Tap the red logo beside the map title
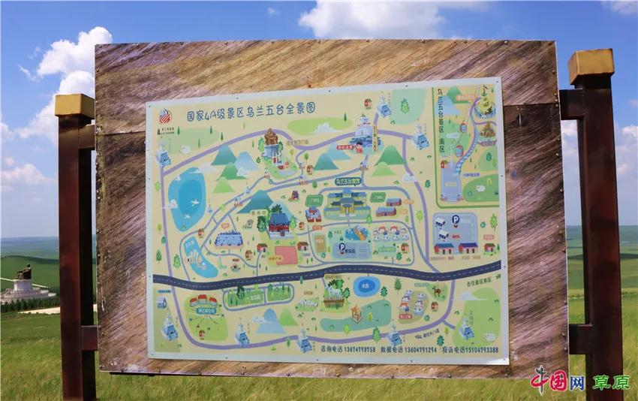tap(164, 116)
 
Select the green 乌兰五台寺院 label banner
tap(347, 182)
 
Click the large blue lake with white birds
tap(187, 199)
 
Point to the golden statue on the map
tap(270, 138)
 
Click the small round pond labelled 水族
tap(366, 287)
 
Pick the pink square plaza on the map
tap(286, 255)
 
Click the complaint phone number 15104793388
tap(470, 348)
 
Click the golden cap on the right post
tap(591, 67)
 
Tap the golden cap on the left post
tap(74, 105)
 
